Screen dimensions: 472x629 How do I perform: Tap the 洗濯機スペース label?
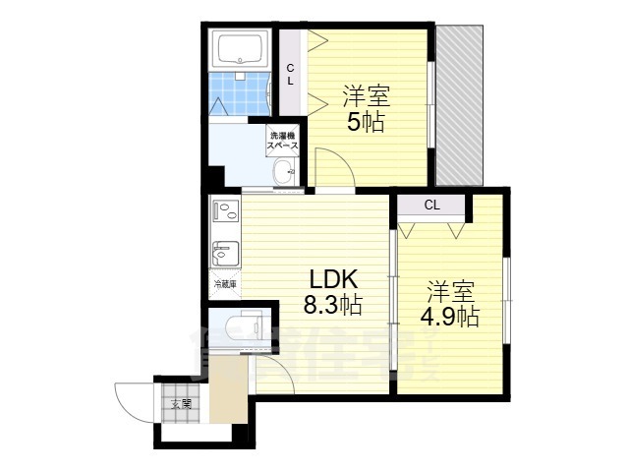point(283,140)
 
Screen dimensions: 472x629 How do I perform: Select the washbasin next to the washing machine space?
point(285,174)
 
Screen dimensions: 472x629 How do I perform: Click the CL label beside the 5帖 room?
point(290,74)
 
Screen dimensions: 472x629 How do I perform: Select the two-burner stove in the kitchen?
point(225,210)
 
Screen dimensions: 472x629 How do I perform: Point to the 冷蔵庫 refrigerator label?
point(225,284)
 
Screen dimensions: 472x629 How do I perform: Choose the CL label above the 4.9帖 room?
point(431,206)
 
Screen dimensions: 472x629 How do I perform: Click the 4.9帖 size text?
point(449,318)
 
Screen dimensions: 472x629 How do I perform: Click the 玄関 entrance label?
point(181,402)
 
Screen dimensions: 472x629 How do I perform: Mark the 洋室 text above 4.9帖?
point(449,292)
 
